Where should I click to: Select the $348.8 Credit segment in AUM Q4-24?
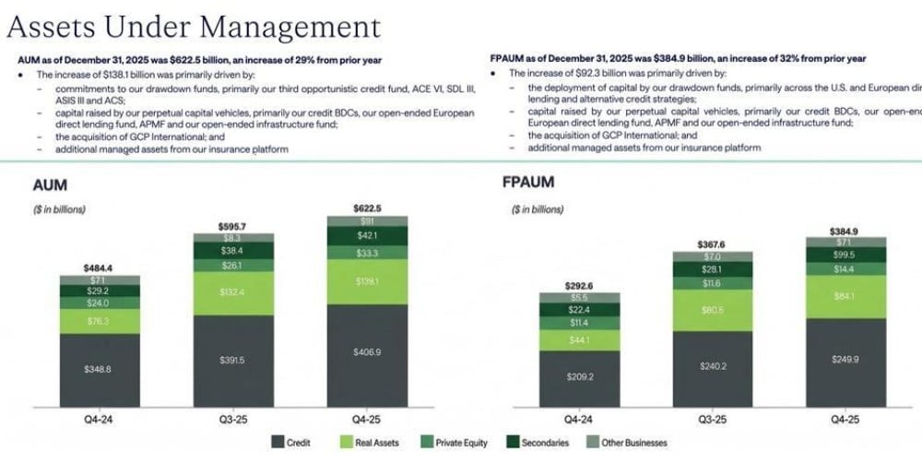(100, 369)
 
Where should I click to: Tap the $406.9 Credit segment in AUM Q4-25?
(367, 353)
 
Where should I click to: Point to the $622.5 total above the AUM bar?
(367, 208)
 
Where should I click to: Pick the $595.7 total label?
(233, 225)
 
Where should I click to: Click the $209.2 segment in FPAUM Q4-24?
(580, 376)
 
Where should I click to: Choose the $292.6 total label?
(580, 286)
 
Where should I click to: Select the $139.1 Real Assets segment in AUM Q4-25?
(367, 281)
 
